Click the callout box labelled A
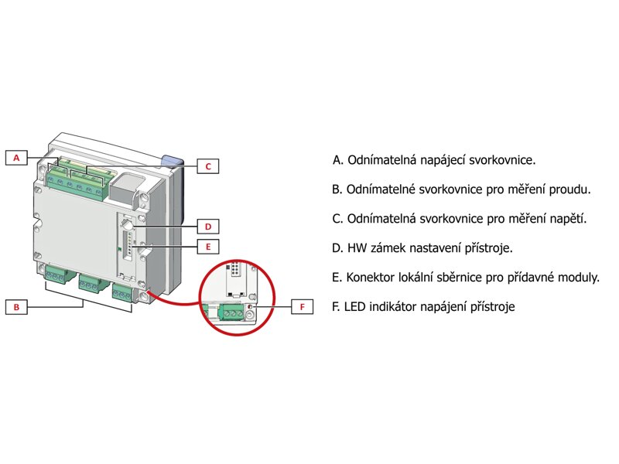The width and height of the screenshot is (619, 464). click(16, 158)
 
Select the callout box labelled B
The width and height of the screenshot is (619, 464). click(16, 307)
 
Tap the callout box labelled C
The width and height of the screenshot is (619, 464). click(208, 165)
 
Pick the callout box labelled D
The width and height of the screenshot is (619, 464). click(208, 227)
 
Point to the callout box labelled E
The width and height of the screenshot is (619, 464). click(208, 247)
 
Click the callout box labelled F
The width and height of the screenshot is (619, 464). click(303, 307)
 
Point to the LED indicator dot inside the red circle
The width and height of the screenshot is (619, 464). click(250, 308)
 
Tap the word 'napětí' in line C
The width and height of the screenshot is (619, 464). click(566, 219)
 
